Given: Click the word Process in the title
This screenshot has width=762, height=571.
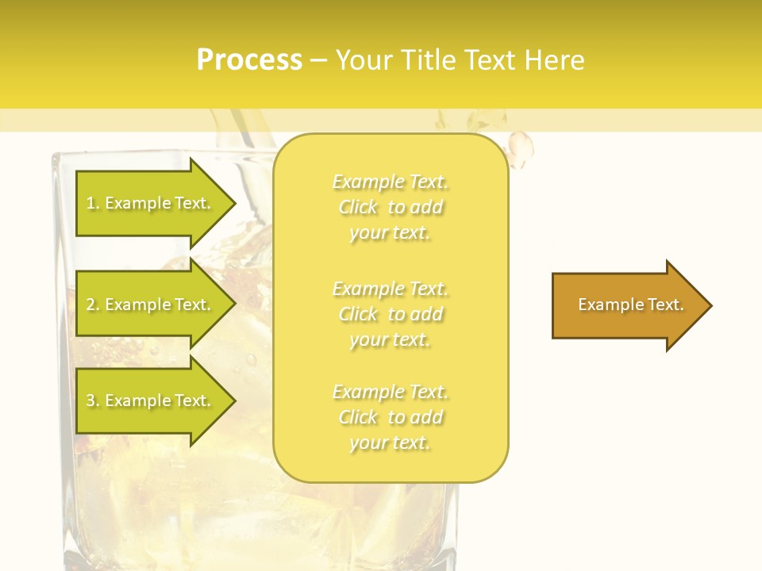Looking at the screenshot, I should (x=249, y=60).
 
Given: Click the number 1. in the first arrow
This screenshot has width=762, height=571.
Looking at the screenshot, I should (x=93, y=203).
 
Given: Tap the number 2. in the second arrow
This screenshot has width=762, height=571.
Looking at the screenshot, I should (x=93, y=305).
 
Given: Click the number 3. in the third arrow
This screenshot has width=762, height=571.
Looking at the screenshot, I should (x=93, y=400).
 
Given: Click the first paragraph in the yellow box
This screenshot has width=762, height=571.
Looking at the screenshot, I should (x=390, y=207).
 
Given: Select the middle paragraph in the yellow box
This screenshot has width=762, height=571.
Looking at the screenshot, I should (x=390, y=314).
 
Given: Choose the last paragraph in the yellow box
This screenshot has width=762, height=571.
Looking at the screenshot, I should (x=390, y=417).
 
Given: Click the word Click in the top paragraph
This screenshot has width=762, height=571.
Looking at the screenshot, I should (x=358, y=207).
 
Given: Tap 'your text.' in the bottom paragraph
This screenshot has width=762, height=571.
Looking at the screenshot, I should (x=390, y=443).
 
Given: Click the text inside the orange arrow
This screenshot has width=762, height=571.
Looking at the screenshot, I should (x=631, y=305).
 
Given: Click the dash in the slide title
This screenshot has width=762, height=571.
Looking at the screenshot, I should (x=318, y=60).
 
